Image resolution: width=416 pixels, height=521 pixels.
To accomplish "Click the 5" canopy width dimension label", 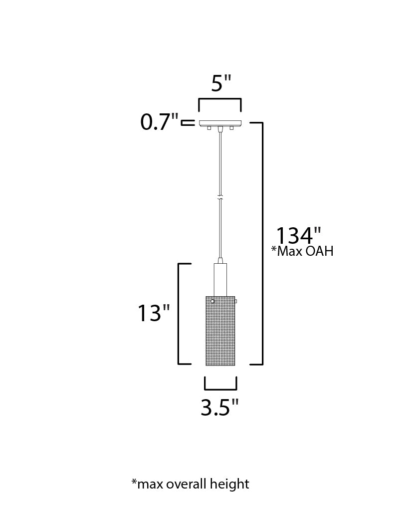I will click(x=221, y=83).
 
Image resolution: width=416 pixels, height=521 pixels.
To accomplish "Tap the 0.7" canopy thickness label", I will click(x=159, y=122).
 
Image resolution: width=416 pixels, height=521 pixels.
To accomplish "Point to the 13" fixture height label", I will click(x=154, y=313).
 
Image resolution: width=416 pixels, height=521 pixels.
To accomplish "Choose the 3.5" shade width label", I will click(x=220, y=408).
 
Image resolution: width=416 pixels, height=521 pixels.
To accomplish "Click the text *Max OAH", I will click(x=302, y=251).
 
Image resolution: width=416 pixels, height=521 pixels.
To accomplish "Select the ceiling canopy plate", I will click(x=220, y=123).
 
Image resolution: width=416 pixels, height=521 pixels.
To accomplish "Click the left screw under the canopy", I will click(x=209, y=128).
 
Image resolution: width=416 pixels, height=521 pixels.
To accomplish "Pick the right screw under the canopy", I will click(x=231, y=128).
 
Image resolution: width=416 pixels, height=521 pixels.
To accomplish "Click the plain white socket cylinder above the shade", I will click(x=220, y=279).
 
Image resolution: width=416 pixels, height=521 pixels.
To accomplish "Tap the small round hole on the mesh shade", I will click(x=212, y=302).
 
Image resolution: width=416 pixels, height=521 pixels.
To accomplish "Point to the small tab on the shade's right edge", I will click(x=236, y=301).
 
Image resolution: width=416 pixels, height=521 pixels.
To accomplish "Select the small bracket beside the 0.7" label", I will click(x=188, y=122).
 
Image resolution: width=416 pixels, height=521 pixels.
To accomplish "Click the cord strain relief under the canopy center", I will click(x=220, y=129).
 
